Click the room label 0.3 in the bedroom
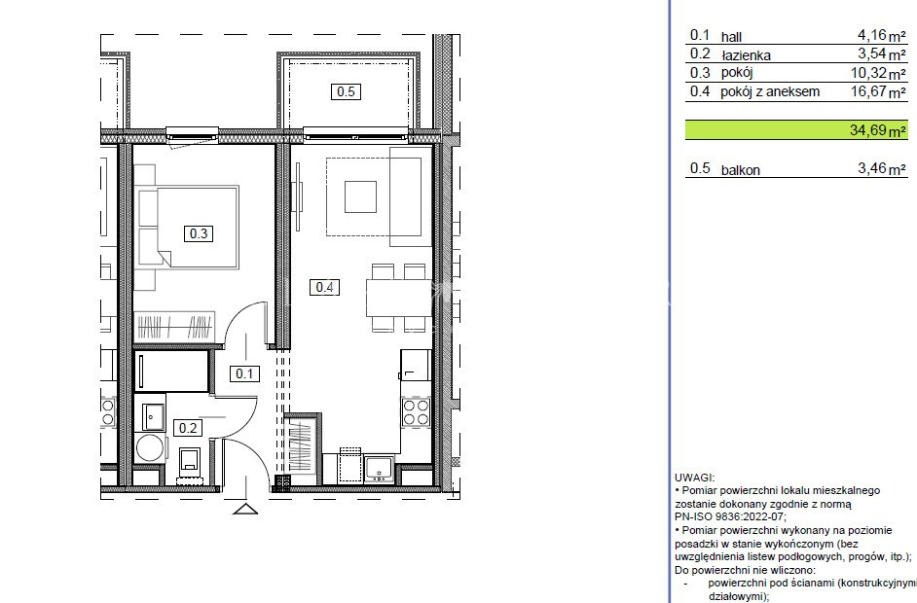click(199, 233)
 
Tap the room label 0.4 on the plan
click(324, 287)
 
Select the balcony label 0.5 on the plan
click(346, 91)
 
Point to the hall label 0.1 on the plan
click(244, 373)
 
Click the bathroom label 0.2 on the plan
click(188, 428)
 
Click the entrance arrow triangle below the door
click(245, 509)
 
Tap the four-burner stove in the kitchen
click(416, 411)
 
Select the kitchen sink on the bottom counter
click(379, 468)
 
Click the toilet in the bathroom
click(190, 462)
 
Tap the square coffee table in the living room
click(360, 196)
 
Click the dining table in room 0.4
click(398, 298)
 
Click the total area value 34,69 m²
click(877, 129)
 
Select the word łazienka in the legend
click(747, 55)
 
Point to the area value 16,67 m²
click(878, 91)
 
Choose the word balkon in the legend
click(741, 170)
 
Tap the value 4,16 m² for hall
click(881, 36)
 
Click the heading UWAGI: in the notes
click(694, 478)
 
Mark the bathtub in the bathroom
click(171, 371)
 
